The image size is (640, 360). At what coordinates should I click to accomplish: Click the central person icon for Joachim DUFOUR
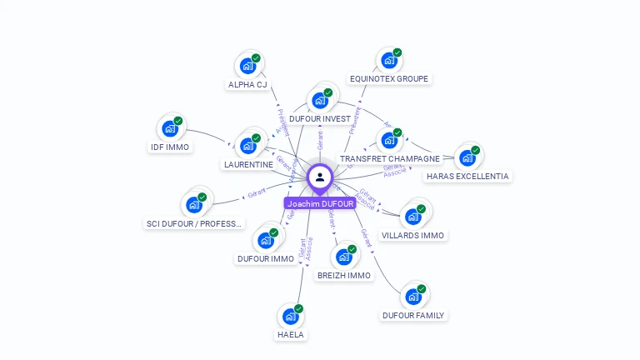click(x=320, y=177)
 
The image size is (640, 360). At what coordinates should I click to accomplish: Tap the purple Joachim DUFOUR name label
click(x=320, y=203)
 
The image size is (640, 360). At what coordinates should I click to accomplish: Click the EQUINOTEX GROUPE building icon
click(x=388, y=60)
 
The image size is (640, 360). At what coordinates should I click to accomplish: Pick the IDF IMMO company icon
click(x=170, y=128)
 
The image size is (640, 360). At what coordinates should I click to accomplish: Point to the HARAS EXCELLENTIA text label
click(x=467, y=176)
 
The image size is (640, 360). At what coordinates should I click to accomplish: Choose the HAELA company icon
click(x=290, y=316)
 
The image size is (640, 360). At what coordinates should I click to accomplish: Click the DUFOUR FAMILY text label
click(x=413, y=315)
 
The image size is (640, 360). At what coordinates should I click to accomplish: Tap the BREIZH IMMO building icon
click(x=344, y=257)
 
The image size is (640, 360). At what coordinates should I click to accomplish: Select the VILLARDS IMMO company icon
click(x=412, y=217)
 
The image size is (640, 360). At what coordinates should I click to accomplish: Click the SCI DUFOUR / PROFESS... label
click(x=194, y=223)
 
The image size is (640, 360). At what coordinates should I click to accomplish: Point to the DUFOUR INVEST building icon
click(x=320, y=101)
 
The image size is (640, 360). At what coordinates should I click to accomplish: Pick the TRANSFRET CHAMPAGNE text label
click(x=389, y=158)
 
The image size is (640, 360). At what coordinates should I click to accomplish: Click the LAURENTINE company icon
click(x=248, y=146)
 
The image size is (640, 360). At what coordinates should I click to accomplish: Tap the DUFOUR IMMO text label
click(x=266, y=258)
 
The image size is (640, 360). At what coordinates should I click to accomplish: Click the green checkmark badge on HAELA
click(x=298, y=309)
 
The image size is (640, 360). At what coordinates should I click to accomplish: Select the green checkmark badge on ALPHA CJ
click(x=256, y=58)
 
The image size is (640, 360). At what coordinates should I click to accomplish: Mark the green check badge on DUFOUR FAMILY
click(x=422, y=289)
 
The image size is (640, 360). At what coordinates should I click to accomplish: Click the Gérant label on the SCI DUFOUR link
click(x=257, y=192)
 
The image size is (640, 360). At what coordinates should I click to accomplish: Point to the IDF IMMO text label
click(x=170, y=147)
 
